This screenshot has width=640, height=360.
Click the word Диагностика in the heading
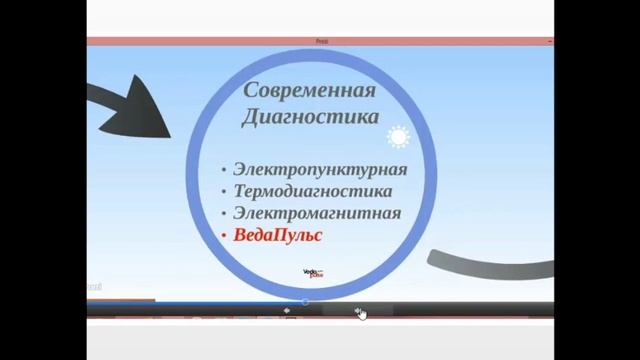point(310,117)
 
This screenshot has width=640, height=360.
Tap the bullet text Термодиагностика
point(312,191)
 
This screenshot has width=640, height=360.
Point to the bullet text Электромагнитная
point(317,213)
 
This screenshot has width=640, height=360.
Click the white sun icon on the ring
point(398,136)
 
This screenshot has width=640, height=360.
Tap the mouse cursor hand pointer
point(361,314)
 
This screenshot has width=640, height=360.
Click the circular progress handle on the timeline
point(305,301)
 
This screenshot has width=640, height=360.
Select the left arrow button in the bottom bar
point(288,311)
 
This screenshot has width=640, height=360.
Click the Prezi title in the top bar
point(321,41)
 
